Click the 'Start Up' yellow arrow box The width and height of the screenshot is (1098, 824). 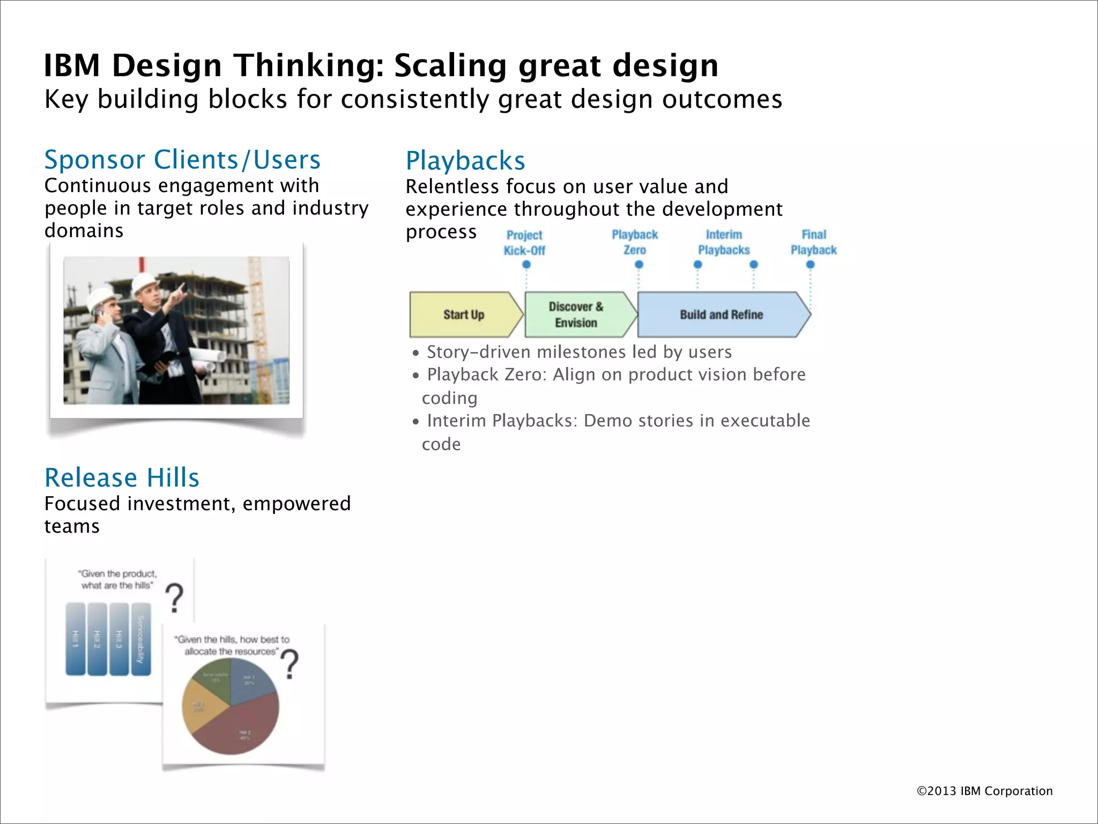point(464,315)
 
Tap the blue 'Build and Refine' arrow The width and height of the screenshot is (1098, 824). point(721,315)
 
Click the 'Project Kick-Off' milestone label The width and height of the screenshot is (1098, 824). point(524,243)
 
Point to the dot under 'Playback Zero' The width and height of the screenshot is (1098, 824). point(639,264)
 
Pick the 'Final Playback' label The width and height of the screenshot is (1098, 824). point(813,242)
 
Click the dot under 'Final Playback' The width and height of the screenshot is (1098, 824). point(810,264)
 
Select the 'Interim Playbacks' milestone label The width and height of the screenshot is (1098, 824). point(724,242)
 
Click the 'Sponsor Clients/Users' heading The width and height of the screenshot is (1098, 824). point(182,160)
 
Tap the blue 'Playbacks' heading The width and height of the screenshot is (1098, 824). point(465,161)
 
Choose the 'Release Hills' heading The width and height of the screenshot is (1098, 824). point(122,478)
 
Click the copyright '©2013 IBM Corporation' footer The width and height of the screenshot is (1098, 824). point(984,791)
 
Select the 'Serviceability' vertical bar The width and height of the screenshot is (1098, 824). point(141,639)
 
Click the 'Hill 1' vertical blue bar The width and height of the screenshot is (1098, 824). point(75,639)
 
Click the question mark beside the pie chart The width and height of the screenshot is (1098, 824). point(290,664)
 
